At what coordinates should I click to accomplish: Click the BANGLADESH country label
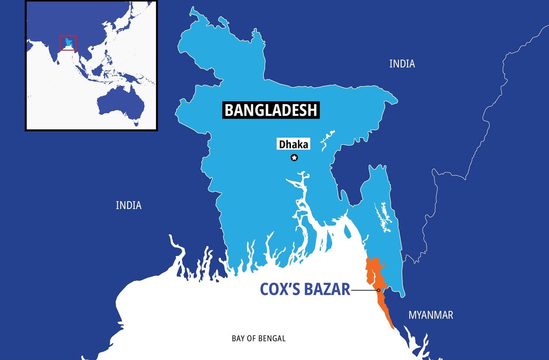271,110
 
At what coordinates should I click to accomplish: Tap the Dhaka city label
294,145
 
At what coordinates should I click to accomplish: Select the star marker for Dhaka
294,158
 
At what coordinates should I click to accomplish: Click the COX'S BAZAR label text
305,290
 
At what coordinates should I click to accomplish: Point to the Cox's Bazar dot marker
379,290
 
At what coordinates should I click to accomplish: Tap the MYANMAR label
431,315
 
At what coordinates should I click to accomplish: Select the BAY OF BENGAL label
258,339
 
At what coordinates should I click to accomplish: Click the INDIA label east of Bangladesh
402,64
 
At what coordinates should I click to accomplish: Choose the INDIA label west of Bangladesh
129,206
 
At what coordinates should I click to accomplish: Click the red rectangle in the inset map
68,43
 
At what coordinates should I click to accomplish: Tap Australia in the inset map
120,103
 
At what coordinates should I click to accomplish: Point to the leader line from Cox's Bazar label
364,290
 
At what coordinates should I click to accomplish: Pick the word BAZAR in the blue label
328,290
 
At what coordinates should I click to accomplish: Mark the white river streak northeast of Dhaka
326,140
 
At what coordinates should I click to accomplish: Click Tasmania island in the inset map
136,123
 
